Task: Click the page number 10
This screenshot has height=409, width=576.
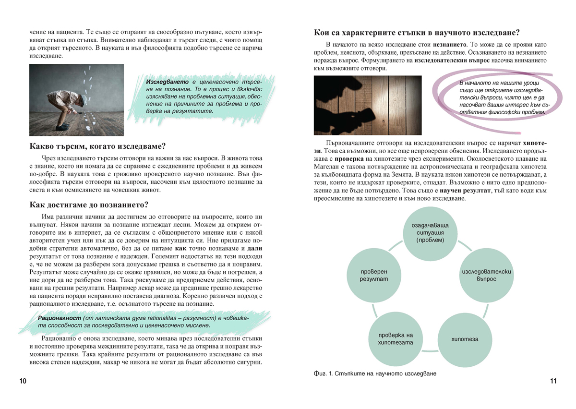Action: (23, 381)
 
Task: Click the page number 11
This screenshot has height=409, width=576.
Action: (553, 381)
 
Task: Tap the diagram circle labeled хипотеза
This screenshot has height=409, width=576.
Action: (465, 339)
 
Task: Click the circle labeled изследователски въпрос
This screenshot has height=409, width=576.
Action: (487, 275)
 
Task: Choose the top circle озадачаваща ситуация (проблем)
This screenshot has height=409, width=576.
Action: (430, 233)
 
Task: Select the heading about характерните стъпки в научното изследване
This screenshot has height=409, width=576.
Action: (416, 33)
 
